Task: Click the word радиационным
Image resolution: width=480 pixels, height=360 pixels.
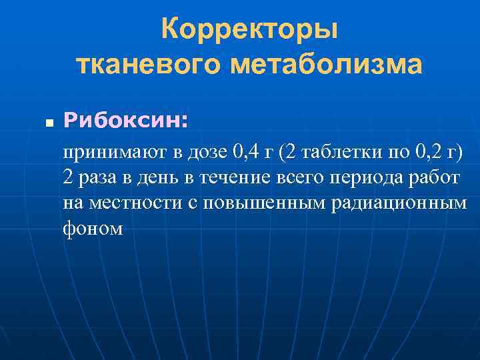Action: tap(399, 203)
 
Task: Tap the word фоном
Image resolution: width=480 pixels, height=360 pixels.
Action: tap(93, 229)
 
